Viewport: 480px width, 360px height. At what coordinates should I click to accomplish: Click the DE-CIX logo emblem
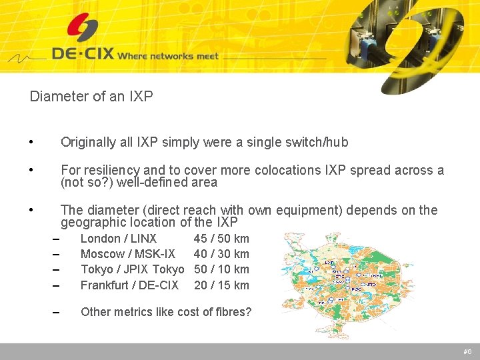[x=83, y=31]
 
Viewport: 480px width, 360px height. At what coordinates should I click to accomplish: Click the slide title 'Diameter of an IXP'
[x=91, y=96]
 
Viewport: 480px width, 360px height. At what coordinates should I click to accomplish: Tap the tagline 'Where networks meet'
[x=168, y=57]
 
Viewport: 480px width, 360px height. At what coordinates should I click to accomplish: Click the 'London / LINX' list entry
[x=119, y=238]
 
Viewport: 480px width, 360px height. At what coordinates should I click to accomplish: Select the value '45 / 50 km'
[x=221, y=238]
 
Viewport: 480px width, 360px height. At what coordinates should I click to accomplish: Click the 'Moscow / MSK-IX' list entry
[x=128, y=253]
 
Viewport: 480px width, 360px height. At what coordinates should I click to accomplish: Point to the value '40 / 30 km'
[x=221, y=253]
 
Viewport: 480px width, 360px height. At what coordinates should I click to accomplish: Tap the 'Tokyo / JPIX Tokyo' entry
[x=132, y=269]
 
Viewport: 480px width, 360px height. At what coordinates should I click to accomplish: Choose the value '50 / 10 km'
[x=221, y=269]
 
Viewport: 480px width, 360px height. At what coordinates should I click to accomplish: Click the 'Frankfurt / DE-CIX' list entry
[x=129, y=285]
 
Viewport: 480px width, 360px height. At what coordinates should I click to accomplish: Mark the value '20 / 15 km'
[x=221, y=285]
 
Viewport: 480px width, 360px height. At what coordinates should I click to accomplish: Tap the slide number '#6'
[x=467, y=351]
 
